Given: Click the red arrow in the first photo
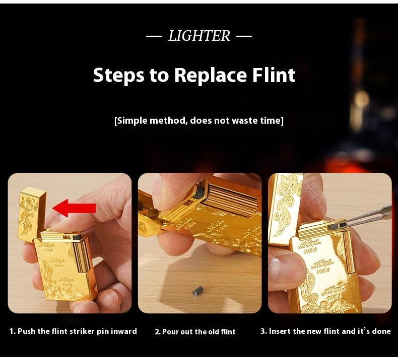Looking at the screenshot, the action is pyautogui.click(x=74, y=208).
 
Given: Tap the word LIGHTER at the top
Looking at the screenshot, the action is pyautogui.click(x=200, y=36).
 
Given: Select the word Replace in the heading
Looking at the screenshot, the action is pyautogui.click(x=211, y=76).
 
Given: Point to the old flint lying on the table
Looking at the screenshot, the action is pyautogui.click(x=197, y=291).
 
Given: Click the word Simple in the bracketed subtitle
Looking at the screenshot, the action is pyautogui.click(x=132, y=121).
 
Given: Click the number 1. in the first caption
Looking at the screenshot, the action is pyautogui.click(x=13, y=331).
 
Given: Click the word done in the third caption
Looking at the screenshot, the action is pyautogui.click(x=381, y=331).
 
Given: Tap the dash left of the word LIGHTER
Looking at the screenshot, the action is pyautogui.click(x=154, y=36).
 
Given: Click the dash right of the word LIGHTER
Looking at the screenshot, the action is pyautogui.click(x=244, y=36).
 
